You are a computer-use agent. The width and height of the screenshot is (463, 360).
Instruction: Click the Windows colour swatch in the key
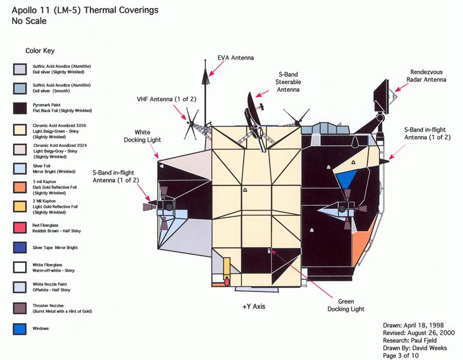[19, 329]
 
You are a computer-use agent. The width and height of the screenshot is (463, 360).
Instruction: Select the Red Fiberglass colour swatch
[19, 227]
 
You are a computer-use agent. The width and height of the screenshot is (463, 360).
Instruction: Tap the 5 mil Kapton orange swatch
[19, 186]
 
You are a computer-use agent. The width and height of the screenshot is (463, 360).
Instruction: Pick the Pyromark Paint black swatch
[19, 108]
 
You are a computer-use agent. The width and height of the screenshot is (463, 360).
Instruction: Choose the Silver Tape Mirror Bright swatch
[19, 247]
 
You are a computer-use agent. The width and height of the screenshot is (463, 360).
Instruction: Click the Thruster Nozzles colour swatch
[19, 308]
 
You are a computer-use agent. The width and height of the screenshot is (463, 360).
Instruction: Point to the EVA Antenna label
[236, 58]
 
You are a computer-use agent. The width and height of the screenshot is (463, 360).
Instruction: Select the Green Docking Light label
[345, 305]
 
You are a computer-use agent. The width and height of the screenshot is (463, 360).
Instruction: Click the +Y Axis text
[254, 307]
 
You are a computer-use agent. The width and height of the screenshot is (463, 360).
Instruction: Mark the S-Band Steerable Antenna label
[288, 81]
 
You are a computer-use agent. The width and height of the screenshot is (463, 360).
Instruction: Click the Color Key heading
[40, 51]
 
